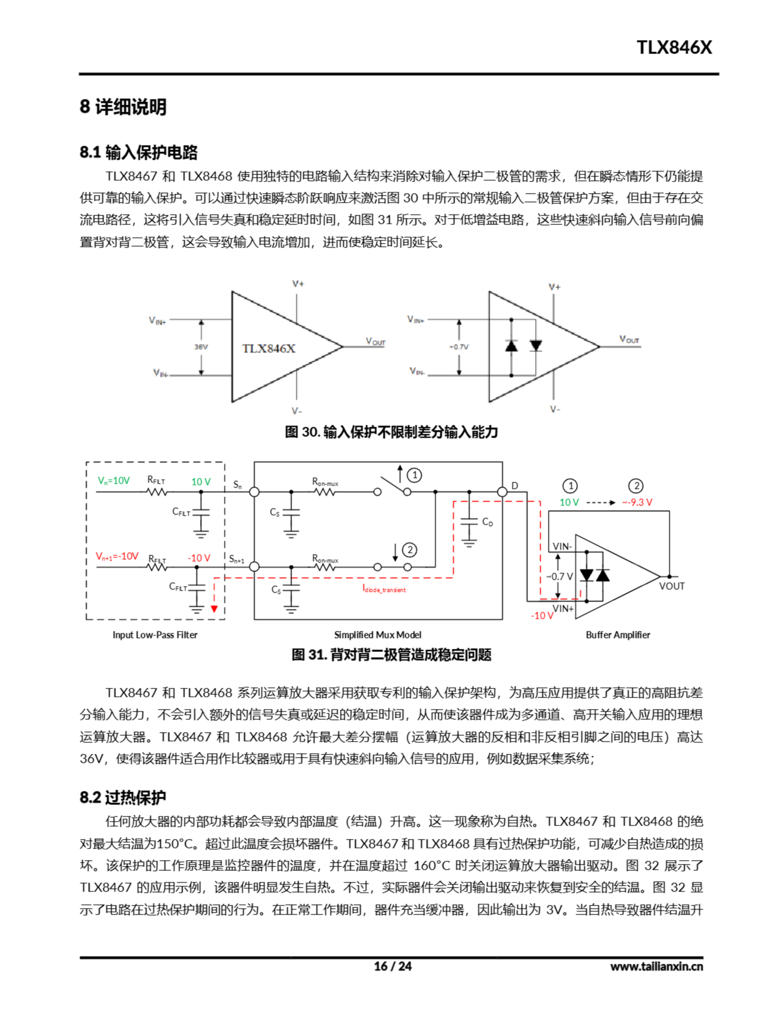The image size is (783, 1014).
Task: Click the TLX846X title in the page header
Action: (x=673, y=48)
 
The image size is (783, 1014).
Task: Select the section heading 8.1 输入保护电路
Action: (x=138, y=152)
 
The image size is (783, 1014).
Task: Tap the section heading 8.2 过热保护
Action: (x=123, y=797)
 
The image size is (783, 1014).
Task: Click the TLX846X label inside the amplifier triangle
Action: (x=268, y=348)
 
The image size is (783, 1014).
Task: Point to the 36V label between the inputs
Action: (x=201, y=347)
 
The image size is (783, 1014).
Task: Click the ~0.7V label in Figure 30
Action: (x=458, y=347)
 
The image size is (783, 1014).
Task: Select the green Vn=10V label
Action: (x=114, y=480)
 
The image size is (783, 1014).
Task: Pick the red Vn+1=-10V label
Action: (x=117, y=556)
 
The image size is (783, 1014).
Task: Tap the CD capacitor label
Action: (x=487, y=522)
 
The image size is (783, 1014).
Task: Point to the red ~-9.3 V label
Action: (x=637, y=502)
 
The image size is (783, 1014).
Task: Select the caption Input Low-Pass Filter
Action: (x=155, y=635)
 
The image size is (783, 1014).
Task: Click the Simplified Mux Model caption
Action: (x=378, y=635)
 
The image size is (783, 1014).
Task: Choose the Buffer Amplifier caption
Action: (x=618, y=635)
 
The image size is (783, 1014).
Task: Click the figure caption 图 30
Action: (x=391, y=432)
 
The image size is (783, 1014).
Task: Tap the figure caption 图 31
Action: (x=391, y=655)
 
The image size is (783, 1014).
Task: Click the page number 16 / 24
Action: (x=393, y=966)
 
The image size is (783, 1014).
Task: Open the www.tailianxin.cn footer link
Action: (x=656, y=966)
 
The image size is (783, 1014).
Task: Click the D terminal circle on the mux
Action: (x=502, y=492)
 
